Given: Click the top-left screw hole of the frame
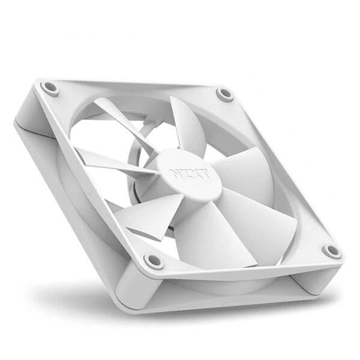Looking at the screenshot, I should pyautogui.click(x=50, y=89).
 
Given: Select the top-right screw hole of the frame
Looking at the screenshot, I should pyautogui.click(x=225, y=94).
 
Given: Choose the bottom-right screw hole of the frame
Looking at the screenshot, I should pyautogui.click(x=331, y=251).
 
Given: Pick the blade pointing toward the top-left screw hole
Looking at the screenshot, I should pyautogui.click(x=120, y=120).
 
